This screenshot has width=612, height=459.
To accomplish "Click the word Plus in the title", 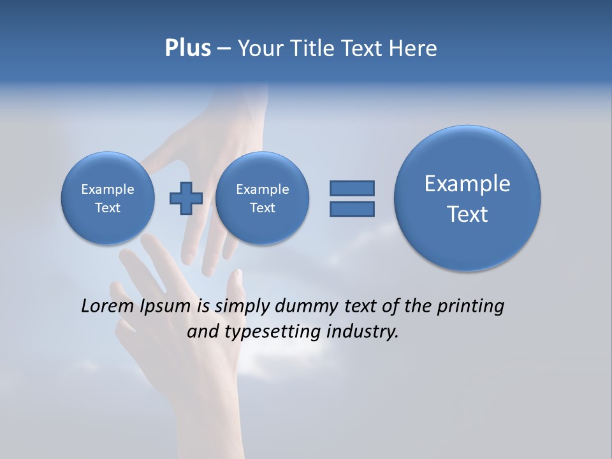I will coord(187,48).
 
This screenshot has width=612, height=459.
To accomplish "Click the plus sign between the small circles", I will coord(186,198).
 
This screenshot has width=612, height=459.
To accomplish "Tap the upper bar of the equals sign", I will coord(352,188).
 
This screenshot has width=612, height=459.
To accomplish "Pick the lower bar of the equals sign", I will coord(352,208).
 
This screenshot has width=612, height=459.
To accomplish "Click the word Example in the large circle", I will coord(467,184).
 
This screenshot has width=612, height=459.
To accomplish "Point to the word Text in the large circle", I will coord(467,214).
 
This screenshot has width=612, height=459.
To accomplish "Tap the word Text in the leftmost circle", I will coord(108,208).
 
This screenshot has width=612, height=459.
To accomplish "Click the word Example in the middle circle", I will coord(262,189).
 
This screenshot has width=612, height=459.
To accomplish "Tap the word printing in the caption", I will coord(470,307).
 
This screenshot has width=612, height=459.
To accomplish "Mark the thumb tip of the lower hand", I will coord(237,275).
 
